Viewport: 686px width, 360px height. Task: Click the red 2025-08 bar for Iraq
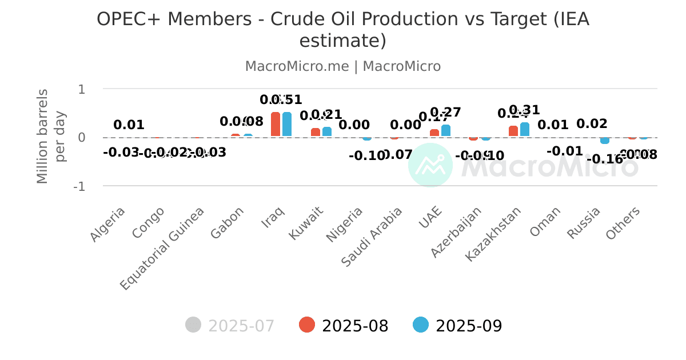[x=276, y=125]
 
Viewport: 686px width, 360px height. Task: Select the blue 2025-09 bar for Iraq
[x=287, y=125]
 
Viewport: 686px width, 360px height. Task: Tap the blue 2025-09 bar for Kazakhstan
[x=525, y=130]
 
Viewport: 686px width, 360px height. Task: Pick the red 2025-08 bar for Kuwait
[x=316, y=132]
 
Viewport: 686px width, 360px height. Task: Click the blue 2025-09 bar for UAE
[x=446, y=131]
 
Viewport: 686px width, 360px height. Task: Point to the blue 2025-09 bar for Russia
[x=605, y=141]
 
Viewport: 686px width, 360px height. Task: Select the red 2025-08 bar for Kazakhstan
[x=513, y=131]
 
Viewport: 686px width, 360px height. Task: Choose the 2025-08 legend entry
[x=344, y=326]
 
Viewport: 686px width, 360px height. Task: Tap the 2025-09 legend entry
[x=458, y=326]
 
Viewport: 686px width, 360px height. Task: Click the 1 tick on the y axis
[x=82, y=89]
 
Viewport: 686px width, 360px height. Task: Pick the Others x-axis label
[x=624, y=222]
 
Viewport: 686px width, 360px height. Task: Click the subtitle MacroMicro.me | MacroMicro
[x=343, y=66]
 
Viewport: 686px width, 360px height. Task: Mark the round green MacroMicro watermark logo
[x=430, y=165]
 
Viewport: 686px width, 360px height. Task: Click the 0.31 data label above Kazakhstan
[x=524, y=110]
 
